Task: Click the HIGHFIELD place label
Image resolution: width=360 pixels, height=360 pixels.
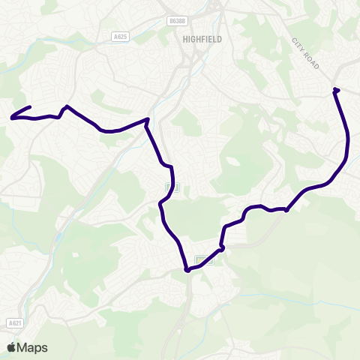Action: [x=202, y=39]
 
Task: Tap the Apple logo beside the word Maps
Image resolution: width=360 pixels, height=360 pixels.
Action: [x=11, y=347]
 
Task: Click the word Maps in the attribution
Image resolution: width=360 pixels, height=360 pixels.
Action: [x=31, y=347]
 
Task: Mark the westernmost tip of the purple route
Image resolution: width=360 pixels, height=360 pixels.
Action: [x=11, y=118]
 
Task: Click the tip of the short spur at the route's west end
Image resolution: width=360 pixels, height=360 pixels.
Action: [x=29, y=107]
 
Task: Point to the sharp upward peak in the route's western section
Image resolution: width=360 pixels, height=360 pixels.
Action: [x=67, y=106]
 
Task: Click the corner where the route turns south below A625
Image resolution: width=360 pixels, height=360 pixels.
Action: [x=147, y=119]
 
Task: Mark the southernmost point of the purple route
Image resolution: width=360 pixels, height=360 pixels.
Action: [x=187, y=271]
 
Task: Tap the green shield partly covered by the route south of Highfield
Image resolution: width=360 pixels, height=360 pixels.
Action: [x=169, y=186]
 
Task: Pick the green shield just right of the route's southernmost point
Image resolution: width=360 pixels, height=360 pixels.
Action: [x=200, y=260]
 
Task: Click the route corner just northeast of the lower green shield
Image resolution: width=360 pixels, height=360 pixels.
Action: [x=222, y=247]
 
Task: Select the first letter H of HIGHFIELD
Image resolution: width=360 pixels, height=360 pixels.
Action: [x=184, y=39]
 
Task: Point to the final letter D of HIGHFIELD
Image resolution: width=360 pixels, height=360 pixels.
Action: [x=219, y=39]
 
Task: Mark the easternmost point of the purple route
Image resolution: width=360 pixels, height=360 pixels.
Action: [x=349, y=139]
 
